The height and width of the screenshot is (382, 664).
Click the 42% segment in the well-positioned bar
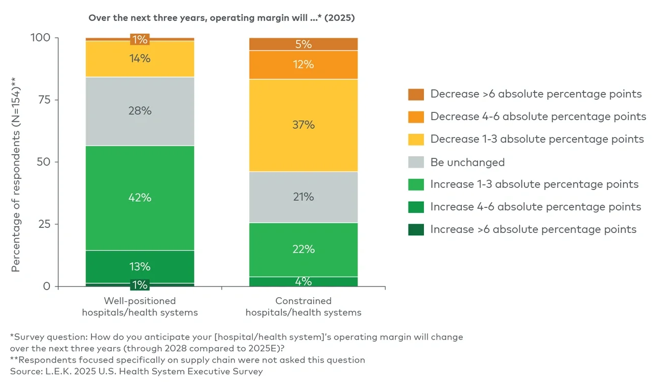point(139,198)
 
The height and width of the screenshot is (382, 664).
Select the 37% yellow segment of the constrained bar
point(303,125)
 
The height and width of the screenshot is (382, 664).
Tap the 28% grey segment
point(139,111)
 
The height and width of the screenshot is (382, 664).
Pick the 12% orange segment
point(303,65)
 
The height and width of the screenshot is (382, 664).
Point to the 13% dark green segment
point(139,267)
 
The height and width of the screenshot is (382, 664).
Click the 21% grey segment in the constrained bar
point(303,197)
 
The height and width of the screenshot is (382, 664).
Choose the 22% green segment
point(303,249)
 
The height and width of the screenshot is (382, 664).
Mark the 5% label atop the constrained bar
point(303,44)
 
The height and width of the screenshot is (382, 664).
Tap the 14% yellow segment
point(139,58)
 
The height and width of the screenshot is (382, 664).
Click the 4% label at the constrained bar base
point(303,281)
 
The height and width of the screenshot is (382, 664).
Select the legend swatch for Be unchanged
point(416,162)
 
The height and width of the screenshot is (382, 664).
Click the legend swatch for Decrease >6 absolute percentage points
point(416,94)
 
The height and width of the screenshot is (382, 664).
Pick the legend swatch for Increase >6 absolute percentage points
point(416,229)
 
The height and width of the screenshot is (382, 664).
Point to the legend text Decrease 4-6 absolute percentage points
point(538,116)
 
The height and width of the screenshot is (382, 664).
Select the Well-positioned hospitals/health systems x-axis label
point(139,306)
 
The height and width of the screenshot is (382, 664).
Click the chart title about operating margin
point(222,18)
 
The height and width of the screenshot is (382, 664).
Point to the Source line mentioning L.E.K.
point(136,371)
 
